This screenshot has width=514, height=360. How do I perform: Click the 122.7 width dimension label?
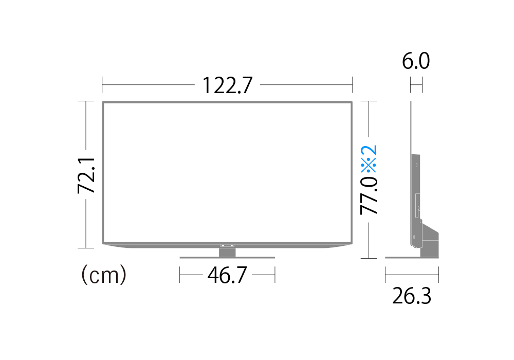coord(228,85)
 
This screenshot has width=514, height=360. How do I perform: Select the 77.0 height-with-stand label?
coord(369,196)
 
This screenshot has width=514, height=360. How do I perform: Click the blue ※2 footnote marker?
coord(369,159)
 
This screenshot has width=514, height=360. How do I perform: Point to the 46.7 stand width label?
coord(227,275)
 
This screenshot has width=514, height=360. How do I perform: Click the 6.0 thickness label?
coord(416,61)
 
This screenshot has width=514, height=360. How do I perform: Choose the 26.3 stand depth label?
coord(412,296)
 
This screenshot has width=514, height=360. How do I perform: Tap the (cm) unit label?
coord(104,275)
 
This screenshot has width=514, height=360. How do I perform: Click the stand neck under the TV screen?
coord(227,253)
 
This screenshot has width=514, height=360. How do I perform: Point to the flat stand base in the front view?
coord(227,258)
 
